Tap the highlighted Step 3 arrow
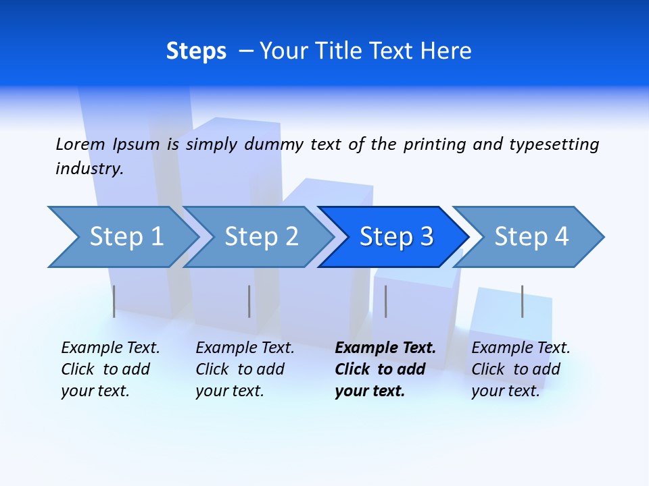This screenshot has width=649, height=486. point(396,237)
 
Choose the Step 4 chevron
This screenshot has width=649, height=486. point(531,237)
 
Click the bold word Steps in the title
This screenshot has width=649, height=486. point(196,51)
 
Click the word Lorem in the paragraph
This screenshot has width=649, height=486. point(80,144)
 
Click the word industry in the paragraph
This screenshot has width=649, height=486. point(89,168)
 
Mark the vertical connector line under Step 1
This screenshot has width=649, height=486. point(114,301)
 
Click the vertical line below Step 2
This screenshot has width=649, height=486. point(249,301)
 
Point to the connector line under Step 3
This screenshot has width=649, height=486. point(385,301)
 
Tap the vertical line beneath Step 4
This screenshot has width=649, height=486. point(522,301)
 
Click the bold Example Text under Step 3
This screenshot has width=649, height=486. point(385,348)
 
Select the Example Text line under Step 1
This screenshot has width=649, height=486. point(110,348)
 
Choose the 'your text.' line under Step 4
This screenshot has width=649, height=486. point(505,391)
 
